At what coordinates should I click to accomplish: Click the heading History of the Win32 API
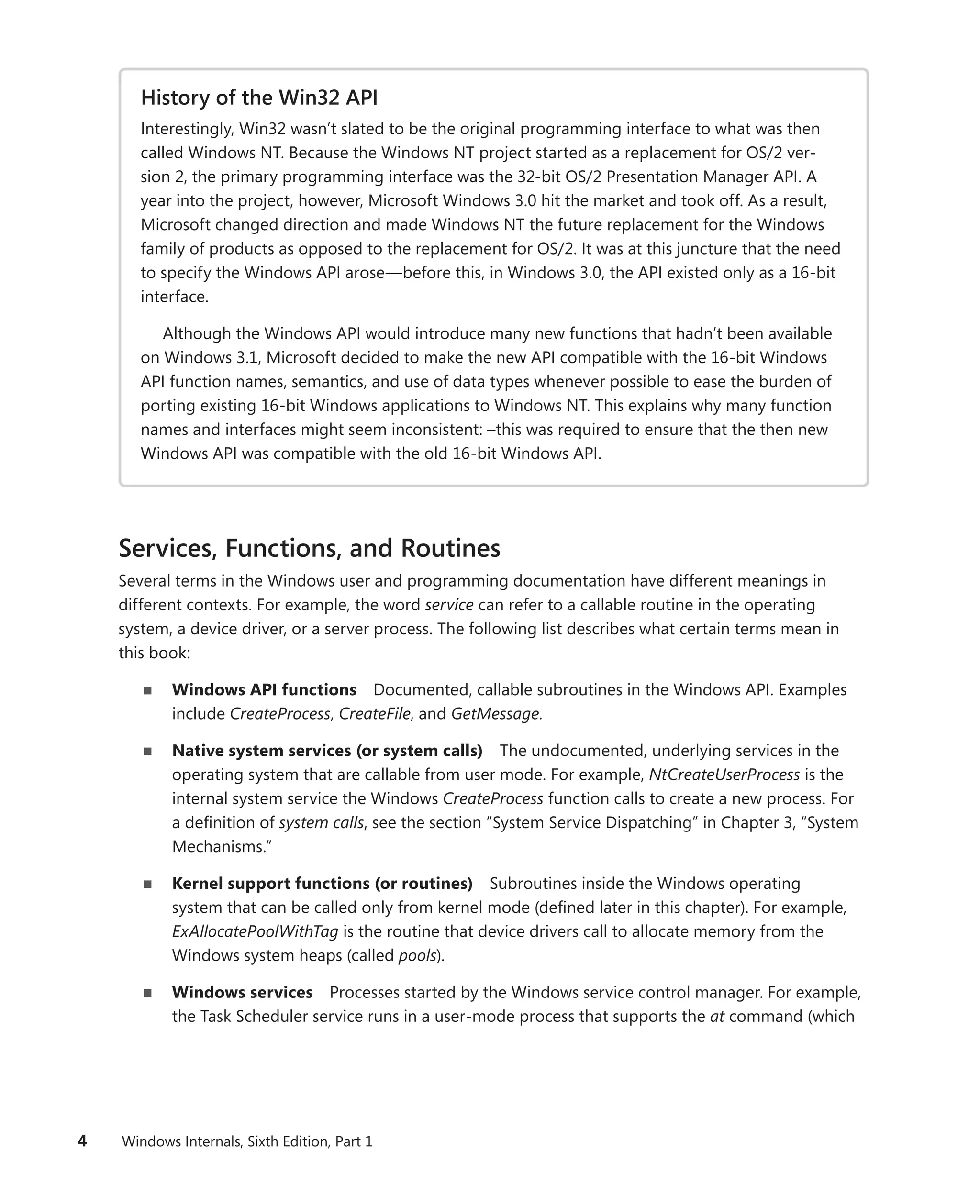258,98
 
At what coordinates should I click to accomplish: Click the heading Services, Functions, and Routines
309,548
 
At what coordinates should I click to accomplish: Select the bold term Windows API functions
264,690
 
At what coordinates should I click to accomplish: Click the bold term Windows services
242,992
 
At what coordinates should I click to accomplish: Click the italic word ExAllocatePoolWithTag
255,931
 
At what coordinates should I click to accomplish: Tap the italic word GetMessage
495,714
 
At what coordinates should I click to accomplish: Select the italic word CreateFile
374,714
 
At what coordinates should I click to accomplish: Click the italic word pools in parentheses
417,955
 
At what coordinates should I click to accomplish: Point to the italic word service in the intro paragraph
449,605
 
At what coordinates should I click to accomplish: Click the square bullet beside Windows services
148,993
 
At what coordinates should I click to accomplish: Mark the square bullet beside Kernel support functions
148,884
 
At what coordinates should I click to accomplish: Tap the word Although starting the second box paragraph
197,333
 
